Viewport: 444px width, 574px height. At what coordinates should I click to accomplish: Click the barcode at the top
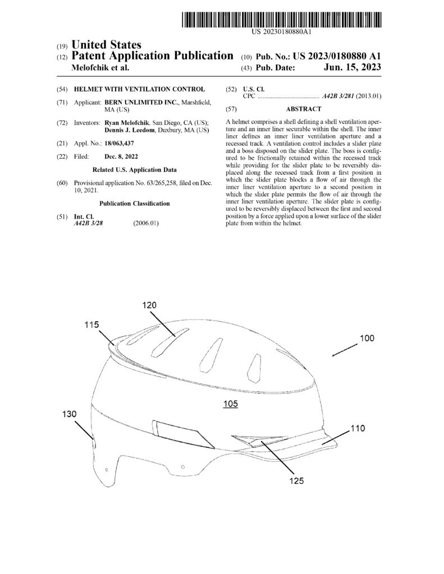pyautogui.click(x=282, y=20)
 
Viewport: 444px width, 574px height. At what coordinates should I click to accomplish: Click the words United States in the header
pyautogui.click(x=106, y=45)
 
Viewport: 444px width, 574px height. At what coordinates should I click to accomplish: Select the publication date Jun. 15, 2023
pyautogui.click(x=353, y=67)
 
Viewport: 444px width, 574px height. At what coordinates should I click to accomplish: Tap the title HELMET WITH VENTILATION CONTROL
pyautogui.click(x=139, y=89)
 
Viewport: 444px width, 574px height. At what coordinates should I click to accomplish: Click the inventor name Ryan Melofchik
pyautogui.click(x=127, y=123)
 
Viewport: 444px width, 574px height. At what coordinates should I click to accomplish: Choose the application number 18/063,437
pyautogui.click(x=119, y=143)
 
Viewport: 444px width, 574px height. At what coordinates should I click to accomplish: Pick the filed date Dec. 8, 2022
pyautogui.click(x=121, y=157)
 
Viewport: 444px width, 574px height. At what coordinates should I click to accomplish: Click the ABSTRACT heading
pyautogui.click(x=304, y=109)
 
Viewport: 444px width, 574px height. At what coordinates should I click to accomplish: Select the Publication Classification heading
pyautogui.click(x=135, y=203)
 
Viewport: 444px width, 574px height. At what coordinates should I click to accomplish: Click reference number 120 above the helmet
pyautogui.click(x=149, y=305)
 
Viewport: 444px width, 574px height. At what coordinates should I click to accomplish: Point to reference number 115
pyautogui.click(x=91, y=325)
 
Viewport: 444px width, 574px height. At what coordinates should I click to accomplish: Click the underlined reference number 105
pyautogui.click(x=231, y=404)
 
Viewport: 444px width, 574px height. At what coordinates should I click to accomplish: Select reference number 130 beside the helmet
pyautogui.click(x=69, y=414)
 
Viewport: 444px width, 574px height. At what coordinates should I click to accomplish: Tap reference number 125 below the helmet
pyautogui.click(x=296, y=480)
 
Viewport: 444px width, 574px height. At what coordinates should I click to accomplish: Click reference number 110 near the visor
pyautogui.click(x=358, y=428)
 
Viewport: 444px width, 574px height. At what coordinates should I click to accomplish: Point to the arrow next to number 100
pyautogui.click(x=345, y=350)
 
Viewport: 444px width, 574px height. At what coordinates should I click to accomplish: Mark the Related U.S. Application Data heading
pyautogui.click(x=135, y=170)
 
